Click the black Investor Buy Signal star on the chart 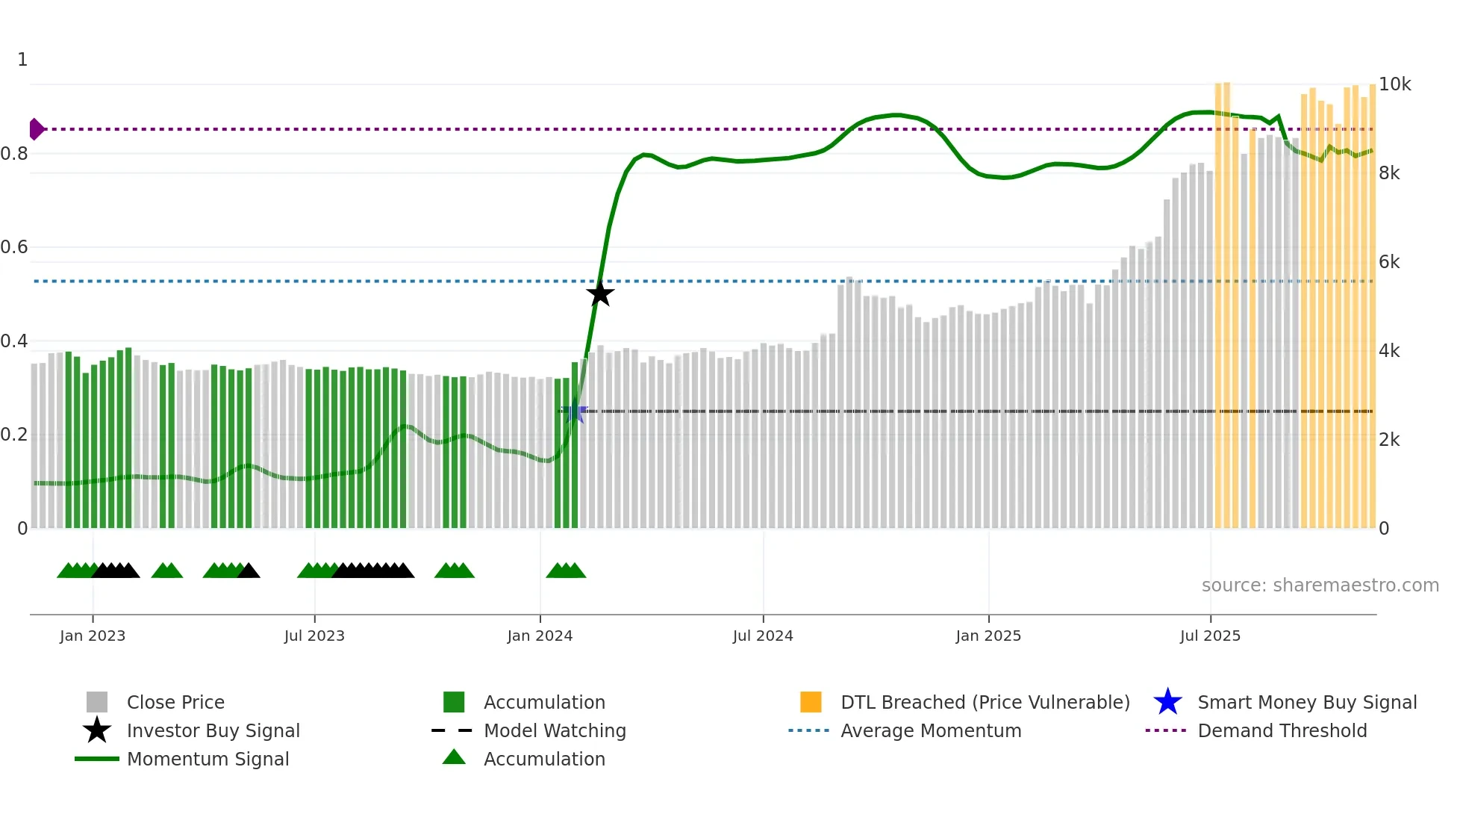coord(599,294)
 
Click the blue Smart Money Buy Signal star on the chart coord(574,411)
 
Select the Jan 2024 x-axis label coord(540,636)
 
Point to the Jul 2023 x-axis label coord(314,636)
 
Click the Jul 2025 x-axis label coord(1210,636)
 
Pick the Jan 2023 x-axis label coord(93,636)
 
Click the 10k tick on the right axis coord(1394,84)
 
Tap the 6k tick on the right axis coord(1389,262)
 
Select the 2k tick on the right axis coord(1389,440)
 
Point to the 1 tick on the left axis coord(22,60)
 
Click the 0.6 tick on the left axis coord(14,247)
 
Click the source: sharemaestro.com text coord(1320,586)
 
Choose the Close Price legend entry coord(175,702)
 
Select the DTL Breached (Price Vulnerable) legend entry coord(985,702)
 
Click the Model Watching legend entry coord(555,730)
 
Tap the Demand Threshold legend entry coord(1282,730)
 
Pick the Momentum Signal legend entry coord(208,759)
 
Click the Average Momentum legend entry coord(931,730)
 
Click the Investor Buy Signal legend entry coord(213,730)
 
